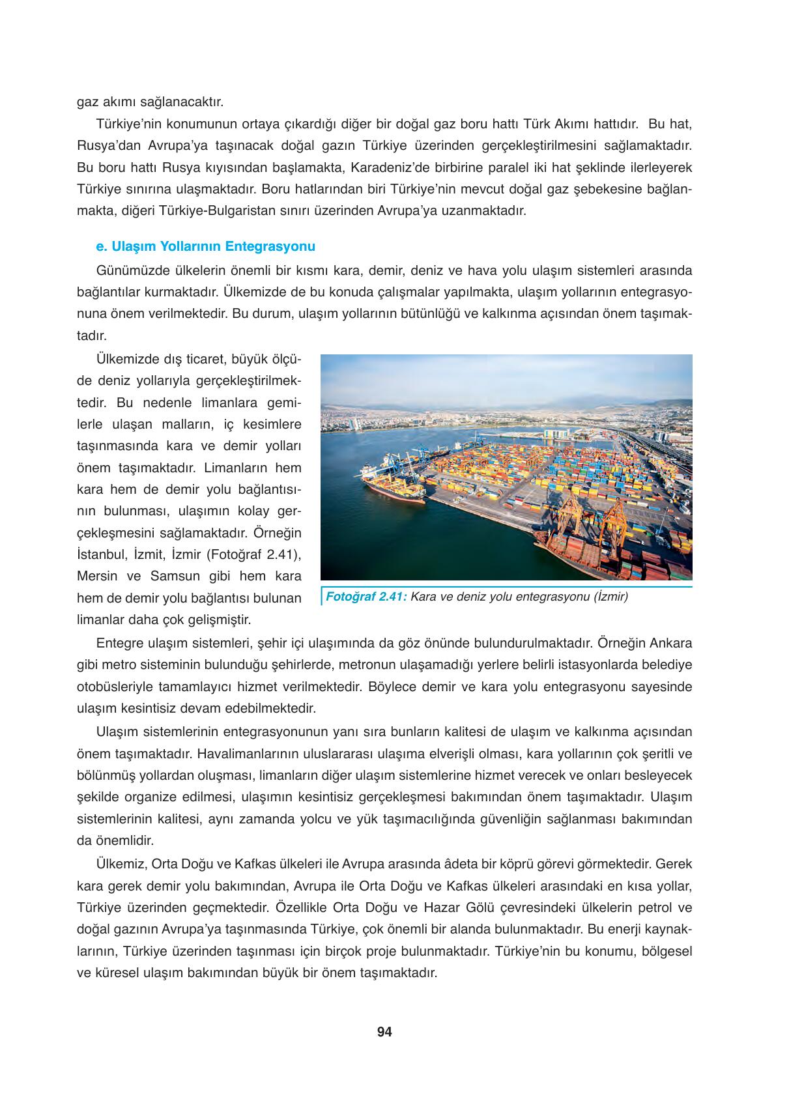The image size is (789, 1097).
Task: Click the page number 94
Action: [384, 1032]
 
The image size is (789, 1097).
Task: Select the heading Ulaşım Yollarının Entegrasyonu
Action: [205, 247]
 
